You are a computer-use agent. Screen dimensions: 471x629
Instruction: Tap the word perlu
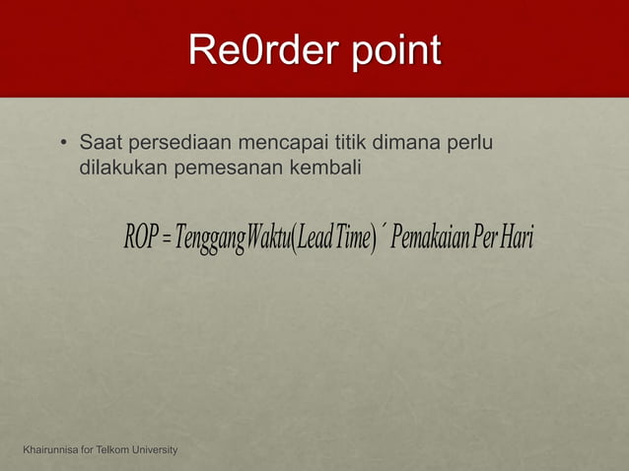coord(471,147)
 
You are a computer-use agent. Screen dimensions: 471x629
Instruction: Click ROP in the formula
coord(140,237)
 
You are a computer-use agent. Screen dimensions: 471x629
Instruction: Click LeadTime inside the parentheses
coord(335,237)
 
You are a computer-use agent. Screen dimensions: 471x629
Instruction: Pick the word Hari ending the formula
coord(516,237)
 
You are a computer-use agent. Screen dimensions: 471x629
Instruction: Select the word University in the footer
coord(152,450)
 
